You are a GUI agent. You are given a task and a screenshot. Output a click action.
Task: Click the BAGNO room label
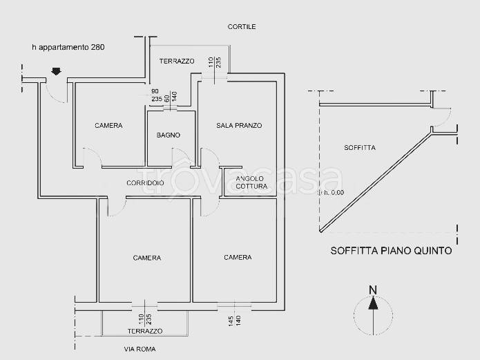pyautogui.click(x=168, y=135)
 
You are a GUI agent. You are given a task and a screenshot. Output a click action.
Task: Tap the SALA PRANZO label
pyautogui.click(x=238, y=126)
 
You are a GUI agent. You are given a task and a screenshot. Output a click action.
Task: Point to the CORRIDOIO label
pyautogui.click(x=145, y=183)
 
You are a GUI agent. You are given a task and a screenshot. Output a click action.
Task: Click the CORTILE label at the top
pyautogui.click(x=242, y=27)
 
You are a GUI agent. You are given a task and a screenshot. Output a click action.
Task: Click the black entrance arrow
pyautogui.click(x=56, y=70)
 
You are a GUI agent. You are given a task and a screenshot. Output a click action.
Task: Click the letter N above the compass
pyautogui.click(x=373, y=290)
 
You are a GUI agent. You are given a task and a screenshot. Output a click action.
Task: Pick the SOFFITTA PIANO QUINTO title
pyautogui.click(x=391, y=251)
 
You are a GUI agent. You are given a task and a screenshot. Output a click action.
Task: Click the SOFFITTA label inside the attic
pyautogui.click(x=359, y=148)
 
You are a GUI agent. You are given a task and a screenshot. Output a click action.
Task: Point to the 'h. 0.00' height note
pyautogui.click(x=334, y=193)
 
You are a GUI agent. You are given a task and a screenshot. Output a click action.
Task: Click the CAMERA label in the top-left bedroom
pyautogui.click(x=108, y=126)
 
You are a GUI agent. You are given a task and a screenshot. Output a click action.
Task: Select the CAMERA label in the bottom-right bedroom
pyautogui.click(x=238, y=258)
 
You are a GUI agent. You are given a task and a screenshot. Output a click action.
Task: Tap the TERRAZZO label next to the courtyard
pyautogui.click(x=177, y=61)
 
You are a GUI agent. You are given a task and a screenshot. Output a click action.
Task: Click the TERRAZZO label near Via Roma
pyautogui.click(x=145, y=332)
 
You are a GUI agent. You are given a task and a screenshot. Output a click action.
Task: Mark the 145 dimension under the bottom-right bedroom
pyautogui.click(x=229, y=320)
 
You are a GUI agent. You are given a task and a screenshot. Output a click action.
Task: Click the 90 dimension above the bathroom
pyautogui.click(x=155, y=92)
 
